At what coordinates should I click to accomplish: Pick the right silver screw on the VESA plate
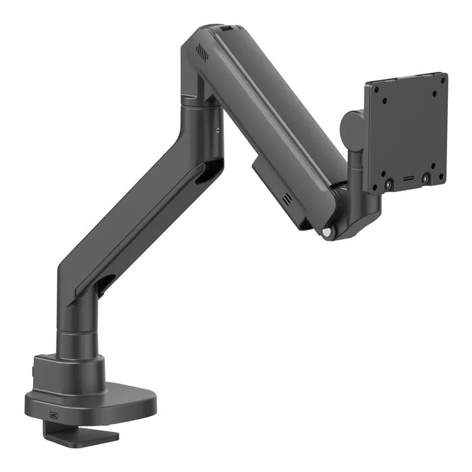coord(425,179)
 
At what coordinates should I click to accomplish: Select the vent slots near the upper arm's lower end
coord(288,199)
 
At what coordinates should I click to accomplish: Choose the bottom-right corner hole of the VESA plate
coord(442,175)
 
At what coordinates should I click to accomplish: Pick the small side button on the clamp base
coord(32,372)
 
